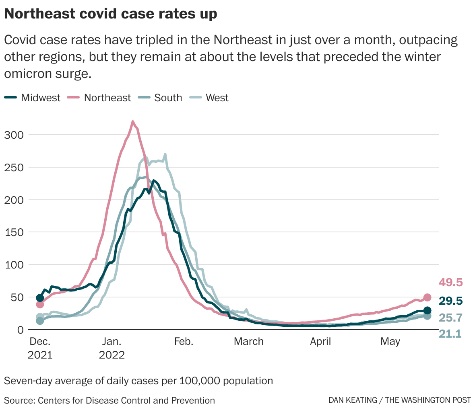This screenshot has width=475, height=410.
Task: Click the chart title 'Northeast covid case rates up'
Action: pyautogui.click(x=111, y=14)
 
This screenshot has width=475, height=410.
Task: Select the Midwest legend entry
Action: pyautogui.click(x=33, y=98)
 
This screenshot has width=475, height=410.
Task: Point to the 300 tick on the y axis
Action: pyautogui.click(x=14, y=135)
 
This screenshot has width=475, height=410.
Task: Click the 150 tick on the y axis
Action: pyautogui.click(x=14, y=232)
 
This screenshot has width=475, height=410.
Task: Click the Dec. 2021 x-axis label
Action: pyautogui.click(x=40, y=348)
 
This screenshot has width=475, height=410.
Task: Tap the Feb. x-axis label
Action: pyautogui.click(x=184, y=342)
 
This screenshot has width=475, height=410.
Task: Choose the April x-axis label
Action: pyautogui.click(x=320, y=342)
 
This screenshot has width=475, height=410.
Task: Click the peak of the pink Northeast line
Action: pyautogui.click(x=133, y=121)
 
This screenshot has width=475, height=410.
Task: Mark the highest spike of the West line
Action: pyautogui.click(x=165, y=154)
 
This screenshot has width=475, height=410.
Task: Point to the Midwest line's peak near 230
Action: pyautogui.click(x=153, y=180)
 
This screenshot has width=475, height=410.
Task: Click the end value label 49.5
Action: pyautogui.click(x=451, y=283)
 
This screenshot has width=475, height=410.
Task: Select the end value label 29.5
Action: pyautogui.click(x=451, y=301)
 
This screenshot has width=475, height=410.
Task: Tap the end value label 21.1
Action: pyautogui.click(x=450, y=334)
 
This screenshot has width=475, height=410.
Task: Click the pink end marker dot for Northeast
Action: pyautogui.click(x=427, y=297)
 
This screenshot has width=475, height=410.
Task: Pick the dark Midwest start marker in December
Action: pyautogui.click(x=40, y=298)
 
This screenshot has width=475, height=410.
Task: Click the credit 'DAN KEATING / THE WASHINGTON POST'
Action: pyautogui.click(x=399, y=400)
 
